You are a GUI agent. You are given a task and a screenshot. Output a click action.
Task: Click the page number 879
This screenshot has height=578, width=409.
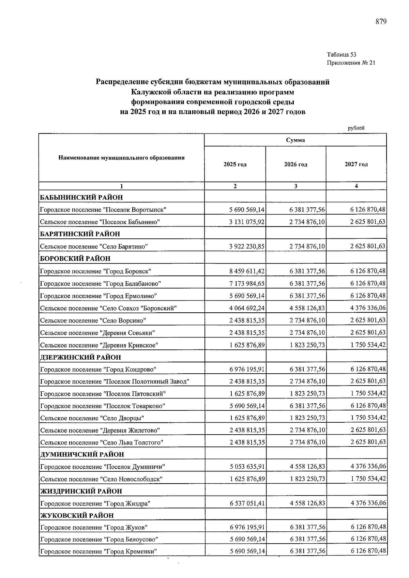pyautogui.click(x=381, y=22)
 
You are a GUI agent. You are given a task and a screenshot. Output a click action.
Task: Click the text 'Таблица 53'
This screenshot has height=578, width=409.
pyautogui.click(x=342, y=54)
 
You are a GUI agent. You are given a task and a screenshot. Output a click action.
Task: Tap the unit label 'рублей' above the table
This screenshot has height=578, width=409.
pyautogui.click(x=356, y=128)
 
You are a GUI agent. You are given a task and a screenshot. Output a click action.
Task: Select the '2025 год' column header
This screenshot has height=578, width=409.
pyautogui.click(x=235, y=165)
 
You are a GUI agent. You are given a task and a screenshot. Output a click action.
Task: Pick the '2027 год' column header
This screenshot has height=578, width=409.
pyautogui.click(x=356, y=165)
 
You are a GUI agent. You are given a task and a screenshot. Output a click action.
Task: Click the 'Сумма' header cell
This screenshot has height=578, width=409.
pyautogui.click(x=295, y=140)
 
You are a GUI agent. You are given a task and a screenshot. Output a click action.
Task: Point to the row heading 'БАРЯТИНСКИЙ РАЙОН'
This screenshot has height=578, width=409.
pyautogui.click(x=80, y=234)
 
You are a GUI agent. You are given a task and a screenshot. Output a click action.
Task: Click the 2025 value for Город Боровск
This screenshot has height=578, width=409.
pyautogui.click(x=247, y=271)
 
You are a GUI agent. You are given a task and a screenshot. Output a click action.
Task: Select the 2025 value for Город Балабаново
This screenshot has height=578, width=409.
pyautogui.click(x=247, y=283)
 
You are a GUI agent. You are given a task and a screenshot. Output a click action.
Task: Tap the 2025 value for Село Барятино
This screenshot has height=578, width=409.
pyautogui.click(x=247, y=246)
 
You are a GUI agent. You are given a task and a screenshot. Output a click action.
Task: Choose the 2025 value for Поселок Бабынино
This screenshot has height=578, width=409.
pyautogui.click(x=247, y=222)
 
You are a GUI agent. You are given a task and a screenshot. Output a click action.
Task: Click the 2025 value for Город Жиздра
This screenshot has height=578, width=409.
pyautogui.click(x=247, y=503)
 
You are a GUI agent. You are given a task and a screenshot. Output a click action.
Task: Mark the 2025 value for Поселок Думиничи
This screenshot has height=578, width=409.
pyautogui.click(x=247, y=467)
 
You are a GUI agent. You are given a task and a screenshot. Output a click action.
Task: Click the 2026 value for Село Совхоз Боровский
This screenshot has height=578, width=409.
pyautogui.click(x=307, y=308)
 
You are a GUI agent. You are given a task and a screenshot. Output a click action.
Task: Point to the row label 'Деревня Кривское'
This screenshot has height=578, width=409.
pyautogui.click(x=99, y=345)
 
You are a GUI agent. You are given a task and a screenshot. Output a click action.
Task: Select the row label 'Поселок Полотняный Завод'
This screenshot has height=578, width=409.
pyautogui.click(x=115, y=381)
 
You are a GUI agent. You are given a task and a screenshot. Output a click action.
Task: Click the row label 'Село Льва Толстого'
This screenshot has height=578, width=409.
pyautogui.click(x=102, y=442)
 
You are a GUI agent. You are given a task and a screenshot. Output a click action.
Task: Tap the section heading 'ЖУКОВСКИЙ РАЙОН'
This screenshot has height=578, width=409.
pyautogui.click(x=77, y=515)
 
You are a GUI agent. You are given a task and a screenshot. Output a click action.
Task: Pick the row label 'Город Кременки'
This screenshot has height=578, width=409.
pyautogui.click(x=99, y=552)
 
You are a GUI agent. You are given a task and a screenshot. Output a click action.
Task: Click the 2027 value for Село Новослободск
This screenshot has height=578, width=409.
pyautogui.click(x=368, y=479)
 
